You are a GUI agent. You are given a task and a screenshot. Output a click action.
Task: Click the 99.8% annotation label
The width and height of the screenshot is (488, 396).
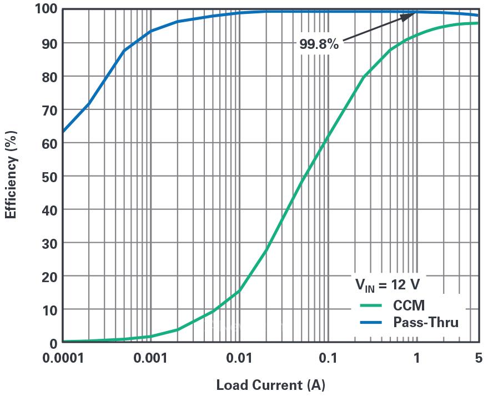click(319, 44)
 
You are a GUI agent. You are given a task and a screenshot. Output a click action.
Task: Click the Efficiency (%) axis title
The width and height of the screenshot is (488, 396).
click(11, 174)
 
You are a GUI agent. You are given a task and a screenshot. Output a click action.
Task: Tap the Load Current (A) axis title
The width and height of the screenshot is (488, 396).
click(270, 384)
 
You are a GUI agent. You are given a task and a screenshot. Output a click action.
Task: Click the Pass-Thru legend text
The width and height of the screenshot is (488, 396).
click(425, 322)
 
